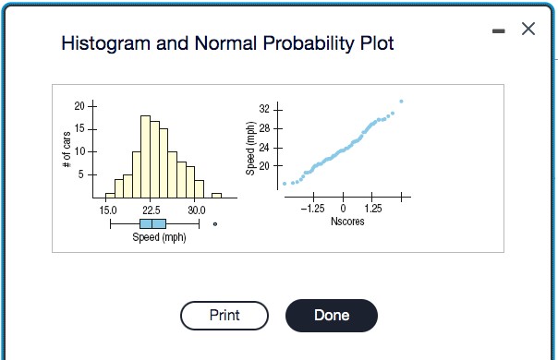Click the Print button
point(224,315)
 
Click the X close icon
point(528,30)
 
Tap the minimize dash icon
point(496,30)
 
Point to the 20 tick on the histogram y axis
point(79,107)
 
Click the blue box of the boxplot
point(153,224)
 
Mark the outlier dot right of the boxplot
point(214,224)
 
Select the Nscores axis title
point(346,222)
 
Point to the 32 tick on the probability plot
point(264,110)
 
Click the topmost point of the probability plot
point(401,101)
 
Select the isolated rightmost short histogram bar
point(216,195)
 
